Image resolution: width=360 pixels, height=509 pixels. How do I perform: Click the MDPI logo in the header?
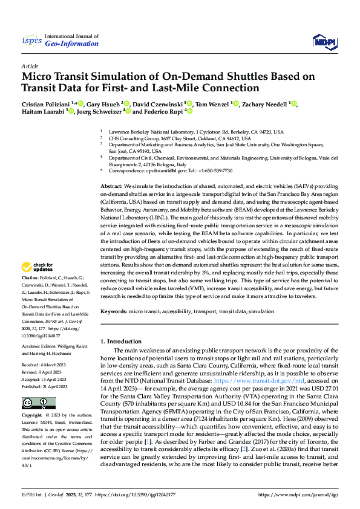[324, 41]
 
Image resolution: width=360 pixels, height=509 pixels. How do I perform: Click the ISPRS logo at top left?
[31, 41]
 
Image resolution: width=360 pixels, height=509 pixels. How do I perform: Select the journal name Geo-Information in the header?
[72, 44]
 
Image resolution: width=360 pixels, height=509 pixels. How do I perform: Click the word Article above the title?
[30, 66]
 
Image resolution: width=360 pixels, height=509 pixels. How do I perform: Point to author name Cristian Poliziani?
[46, 103]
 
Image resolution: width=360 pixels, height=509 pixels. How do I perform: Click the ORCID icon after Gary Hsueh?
[128, 103]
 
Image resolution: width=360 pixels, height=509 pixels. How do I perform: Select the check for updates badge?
[38, 267]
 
